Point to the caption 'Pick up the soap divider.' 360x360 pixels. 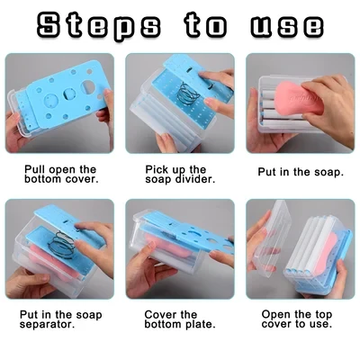tap(179, 174)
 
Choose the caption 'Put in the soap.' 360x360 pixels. tap(300, 168)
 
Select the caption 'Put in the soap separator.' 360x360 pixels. tap(59, 319)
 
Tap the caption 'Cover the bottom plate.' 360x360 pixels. tap(179, 319)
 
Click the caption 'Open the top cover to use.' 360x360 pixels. tap(300, 319)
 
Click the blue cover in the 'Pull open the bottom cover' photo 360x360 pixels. tap(58, 94)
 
